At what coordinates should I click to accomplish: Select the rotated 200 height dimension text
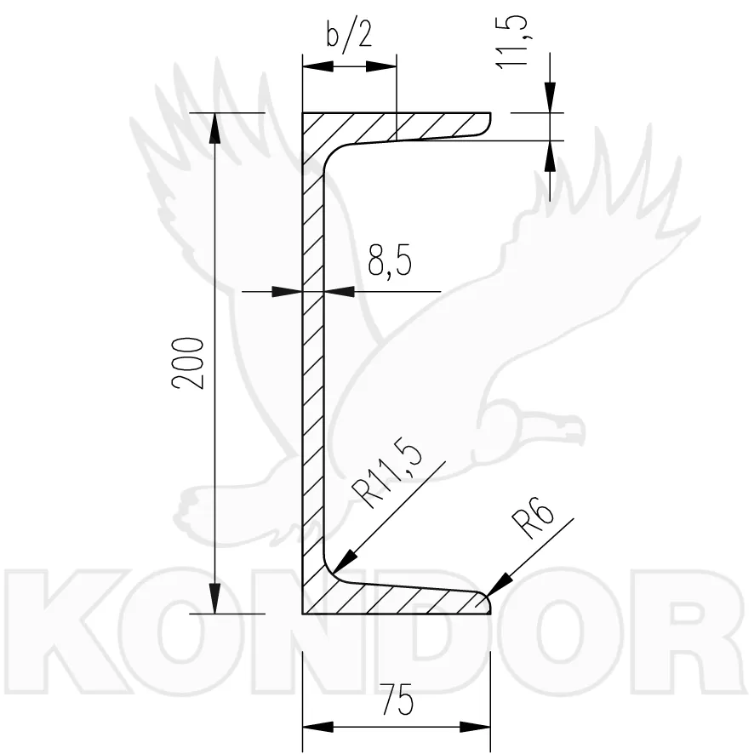188,363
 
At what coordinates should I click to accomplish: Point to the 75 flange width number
397,700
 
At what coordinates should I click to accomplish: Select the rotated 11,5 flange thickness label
513,42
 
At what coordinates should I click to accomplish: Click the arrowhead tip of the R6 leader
487,596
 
